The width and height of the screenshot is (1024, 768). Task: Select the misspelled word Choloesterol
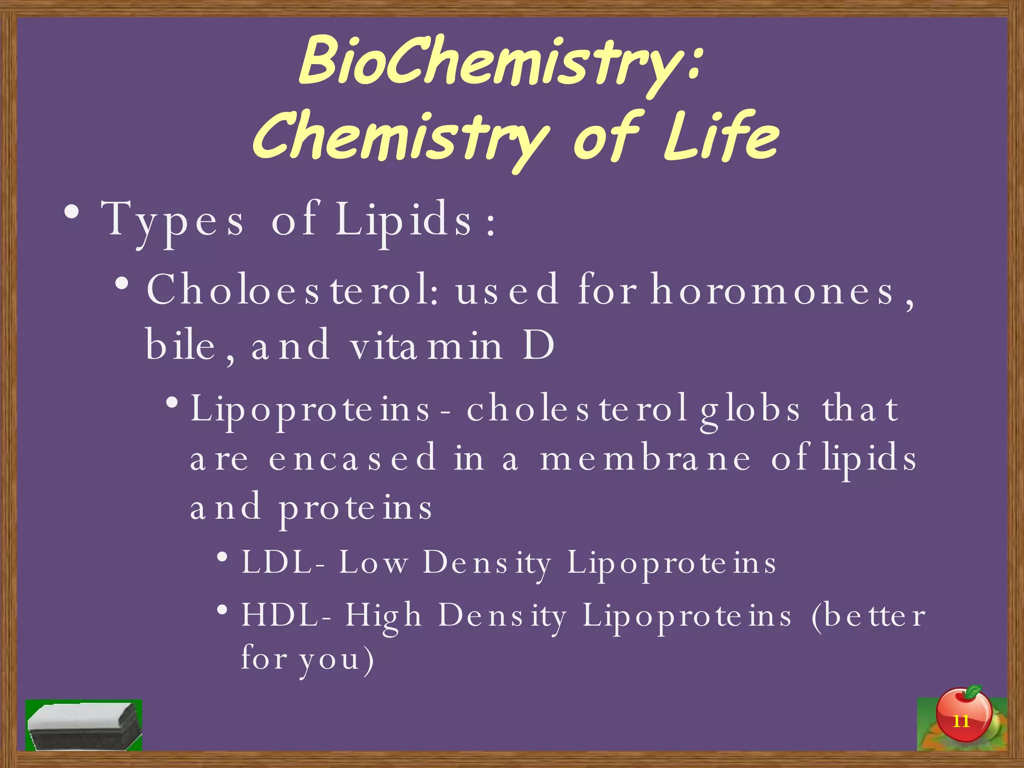(x=293, y=290)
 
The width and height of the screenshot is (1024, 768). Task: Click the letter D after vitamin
(x=538, y=345)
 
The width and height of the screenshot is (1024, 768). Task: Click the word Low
(x=373, y=562)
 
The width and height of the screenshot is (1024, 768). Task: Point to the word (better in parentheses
(x=867, y=615)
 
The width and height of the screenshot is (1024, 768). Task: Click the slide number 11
(x=960, y=721)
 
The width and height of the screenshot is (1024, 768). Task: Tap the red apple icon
(x=962, y=715)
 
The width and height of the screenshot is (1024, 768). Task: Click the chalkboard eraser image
(x=83, y=725)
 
